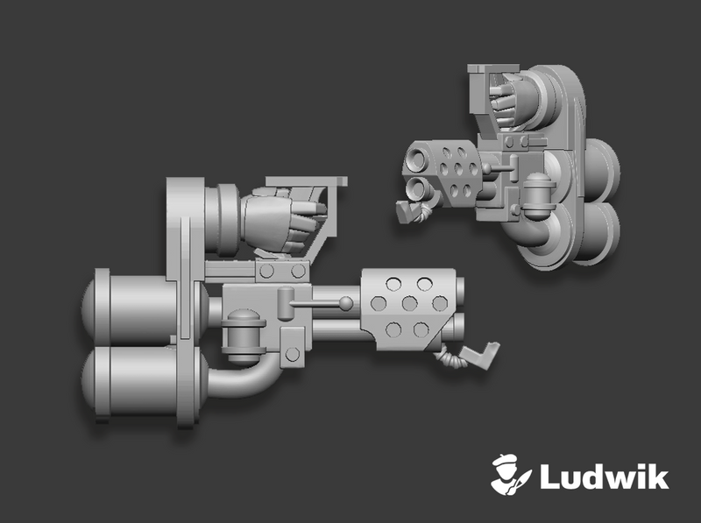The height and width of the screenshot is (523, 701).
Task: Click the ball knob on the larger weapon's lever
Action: (347, 303)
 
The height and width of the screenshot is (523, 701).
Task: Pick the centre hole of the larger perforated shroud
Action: (408, 304)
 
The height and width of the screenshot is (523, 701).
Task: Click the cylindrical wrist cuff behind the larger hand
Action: (223, 215)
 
